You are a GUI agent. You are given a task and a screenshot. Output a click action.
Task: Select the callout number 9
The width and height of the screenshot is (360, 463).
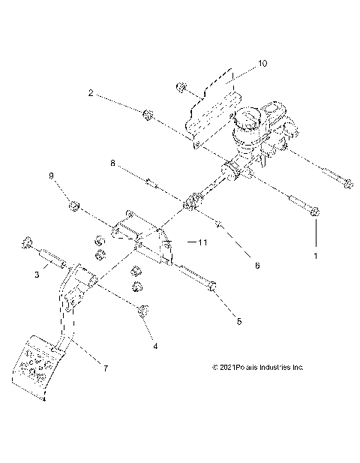[x=52, y=176]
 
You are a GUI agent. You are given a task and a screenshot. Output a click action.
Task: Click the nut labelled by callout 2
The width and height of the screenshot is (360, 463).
[x=148, y=115]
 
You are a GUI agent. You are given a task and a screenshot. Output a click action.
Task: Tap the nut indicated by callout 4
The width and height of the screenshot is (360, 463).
[x=142, y=311]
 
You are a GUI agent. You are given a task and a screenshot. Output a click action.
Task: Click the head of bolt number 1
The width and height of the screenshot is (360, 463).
[x=315, y=213]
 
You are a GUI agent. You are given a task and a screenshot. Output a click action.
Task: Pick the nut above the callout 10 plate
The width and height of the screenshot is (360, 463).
[x=181, y=89]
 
